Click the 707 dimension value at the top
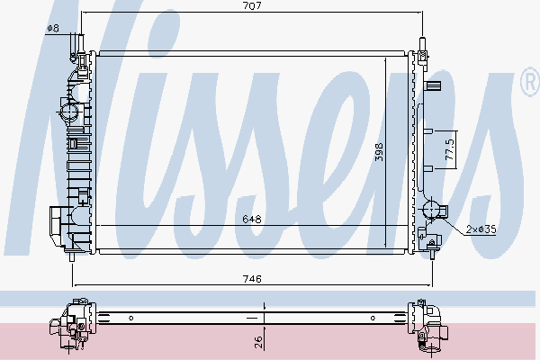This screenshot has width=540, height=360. (x=252, y=6)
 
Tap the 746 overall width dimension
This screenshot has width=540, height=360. (x=252, y=279)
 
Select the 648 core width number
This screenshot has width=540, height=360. (x=252, y=219)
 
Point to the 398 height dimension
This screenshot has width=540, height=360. (x=379, y=152)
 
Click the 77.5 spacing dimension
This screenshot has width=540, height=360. (x=450, y=149)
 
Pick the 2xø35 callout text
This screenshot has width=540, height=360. (x=481, y=229)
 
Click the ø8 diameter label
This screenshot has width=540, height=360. (x=53, y=28)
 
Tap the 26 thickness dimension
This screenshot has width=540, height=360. (x=258, y=342)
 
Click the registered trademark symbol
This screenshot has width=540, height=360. (x=531, y=82)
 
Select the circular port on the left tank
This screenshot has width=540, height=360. (x=69, y=112)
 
